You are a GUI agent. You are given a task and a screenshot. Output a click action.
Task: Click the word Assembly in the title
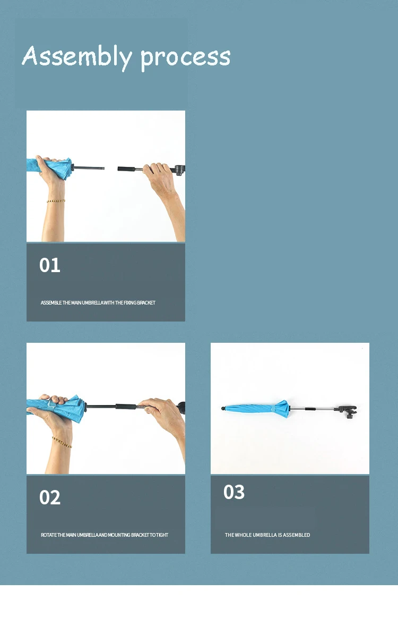pyautogui.click(x=77, y=56)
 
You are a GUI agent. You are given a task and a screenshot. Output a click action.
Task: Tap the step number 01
pyautogui.click(x=50, y=265)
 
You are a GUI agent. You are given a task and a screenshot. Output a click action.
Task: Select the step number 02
pyautogui.click(x=50, y=497)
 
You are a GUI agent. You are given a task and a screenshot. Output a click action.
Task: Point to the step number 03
pyautogui.click(x=234, y=492)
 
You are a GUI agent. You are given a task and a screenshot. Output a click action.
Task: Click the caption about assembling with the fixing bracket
pyautogui.click(x=98, y=303)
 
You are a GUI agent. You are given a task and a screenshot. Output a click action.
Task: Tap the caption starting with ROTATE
pyautogui.click(x=104, y=535)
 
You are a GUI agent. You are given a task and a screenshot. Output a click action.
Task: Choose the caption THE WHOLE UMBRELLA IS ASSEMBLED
pyautogui.click(x=267, y=535)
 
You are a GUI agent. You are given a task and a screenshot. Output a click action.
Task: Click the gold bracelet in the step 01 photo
pyautogui.click(x=56, y=201)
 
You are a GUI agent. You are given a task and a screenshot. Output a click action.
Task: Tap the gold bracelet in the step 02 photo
pyautogui.click(x=62, y=442)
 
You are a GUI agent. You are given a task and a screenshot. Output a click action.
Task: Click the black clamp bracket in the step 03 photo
pyautogui.click(x=348, y=410)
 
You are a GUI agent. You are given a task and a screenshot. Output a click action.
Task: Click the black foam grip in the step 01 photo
pyautogui.click(x=126, y=169)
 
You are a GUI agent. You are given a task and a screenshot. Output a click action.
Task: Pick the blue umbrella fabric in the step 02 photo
pyautogui.click(x=58, y=407)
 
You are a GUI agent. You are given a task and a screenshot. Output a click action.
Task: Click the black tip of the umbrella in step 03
pyautogui.click(x=223, y=408)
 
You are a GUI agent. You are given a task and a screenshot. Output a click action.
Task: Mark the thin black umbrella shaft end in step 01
pyautogui.click(x=88, y=168)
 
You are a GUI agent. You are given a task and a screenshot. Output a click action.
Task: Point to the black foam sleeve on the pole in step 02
pyautogui.click(x=126, y=407)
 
